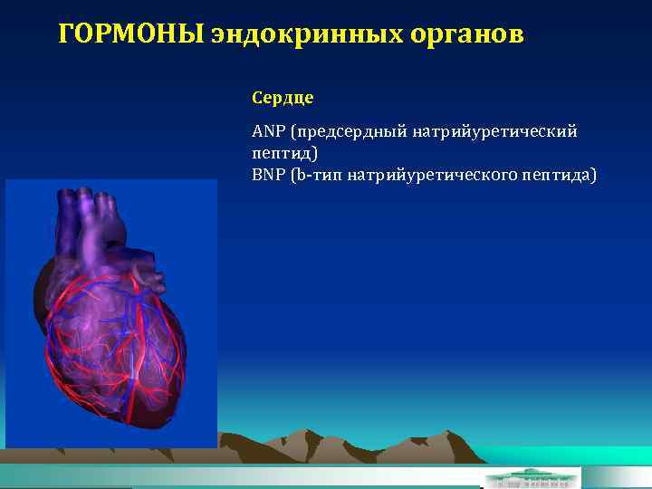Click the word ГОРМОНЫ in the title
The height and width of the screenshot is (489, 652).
(x=130, y=34)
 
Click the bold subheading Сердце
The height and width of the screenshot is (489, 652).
(x=283, y=96)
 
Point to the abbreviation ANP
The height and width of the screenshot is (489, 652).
(x=267, y=133)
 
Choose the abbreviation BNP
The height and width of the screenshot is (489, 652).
(x=267, y=175)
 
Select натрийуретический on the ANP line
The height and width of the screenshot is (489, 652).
(x=495, y=133)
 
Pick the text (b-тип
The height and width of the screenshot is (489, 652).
(x=317, y=175)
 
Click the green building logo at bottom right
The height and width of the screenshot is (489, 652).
(x=531, y=477)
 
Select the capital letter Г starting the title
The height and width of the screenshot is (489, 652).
(x=65, y=34)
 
